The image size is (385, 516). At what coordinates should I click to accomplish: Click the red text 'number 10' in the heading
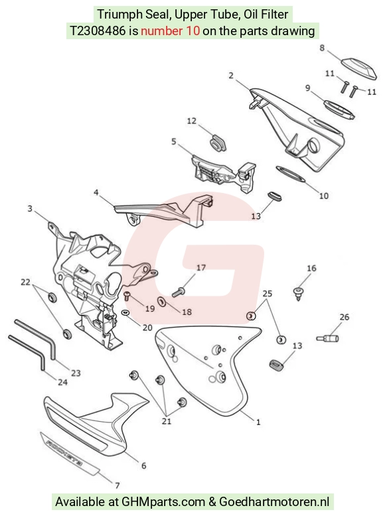[x=171, y=31]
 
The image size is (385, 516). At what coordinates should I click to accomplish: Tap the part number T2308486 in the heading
[x=98, y=31]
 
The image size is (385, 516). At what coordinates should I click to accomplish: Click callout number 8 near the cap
[x=322, y=48]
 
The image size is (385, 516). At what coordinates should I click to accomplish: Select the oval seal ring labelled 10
[x=290, y=174]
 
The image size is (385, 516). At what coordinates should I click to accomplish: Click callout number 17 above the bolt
[x=201, y=268]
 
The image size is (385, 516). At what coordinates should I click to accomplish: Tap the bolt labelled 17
[x=178, y=292]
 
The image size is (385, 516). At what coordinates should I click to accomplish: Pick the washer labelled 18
[x=162, y=301]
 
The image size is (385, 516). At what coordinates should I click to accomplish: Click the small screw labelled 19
[x=127, y=296]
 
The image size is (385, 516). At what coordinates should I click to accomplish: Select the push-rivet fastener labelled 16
[x=299, y=293]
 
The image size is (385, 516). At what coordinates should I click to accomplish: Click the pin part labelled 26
[x=327, y=338]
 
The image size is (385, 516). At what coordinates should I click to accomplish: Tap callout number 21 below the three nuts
[x=167, y=421]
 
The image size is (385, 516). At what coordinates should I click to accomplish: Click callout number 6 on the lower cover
[x=143, y=466]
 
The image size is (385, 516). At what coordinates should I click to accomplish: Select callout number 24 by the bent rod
[x=62, y=382]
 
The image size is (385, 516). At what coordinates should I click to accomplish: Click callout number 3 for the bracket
[x=30, y=209]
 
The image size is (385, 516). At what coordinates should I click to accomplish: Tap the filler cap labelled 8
[x=358, y=68]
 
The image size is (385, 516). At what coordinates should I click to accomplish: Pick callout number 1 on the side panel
[x=258, y=422]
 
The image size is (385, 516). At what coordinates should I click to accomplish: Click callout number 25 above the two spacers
[x=267, y=293]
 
